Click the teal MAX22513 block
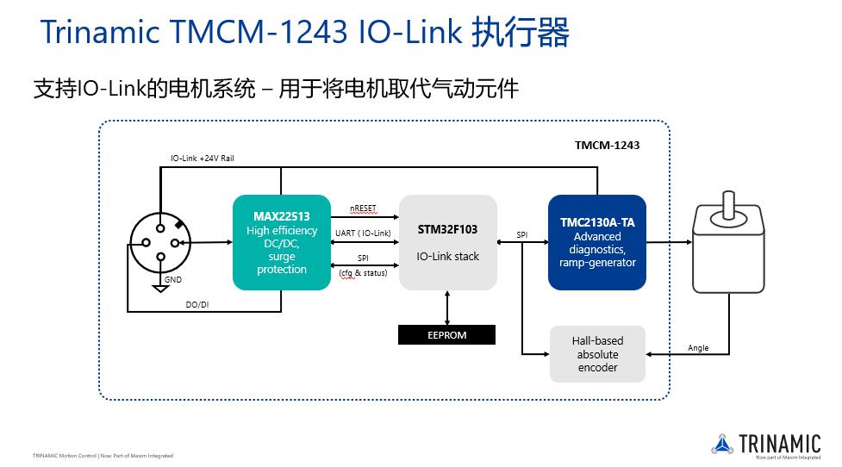(x=282, y=242)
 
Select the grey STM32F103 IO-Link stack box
(x=447, y=242)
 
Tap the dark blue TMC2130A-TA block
(x=596, y=242)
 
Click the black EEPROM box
(x=446, y=335)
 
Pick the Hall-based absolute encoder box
(x=597, y=354)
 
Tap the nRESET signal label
(x=363, y=209)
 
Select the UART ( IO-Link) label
(x=363, y=233)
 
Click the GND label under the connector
(x=173, y=280)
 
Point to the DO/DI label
(x=197, y=304)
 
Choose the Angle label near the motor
(x=698, y=348)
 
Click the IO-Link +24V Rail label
(x=203, y=159)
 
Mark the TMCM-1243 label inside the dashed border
(x=607, y=145)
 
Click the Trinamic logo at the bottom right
(x=766, y=445)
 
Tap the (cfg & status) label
(x=363, y=273)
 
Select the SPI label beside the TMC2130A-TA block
(x=522, y=234)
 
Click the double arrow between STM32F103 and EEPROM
(x=447, y=307)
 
